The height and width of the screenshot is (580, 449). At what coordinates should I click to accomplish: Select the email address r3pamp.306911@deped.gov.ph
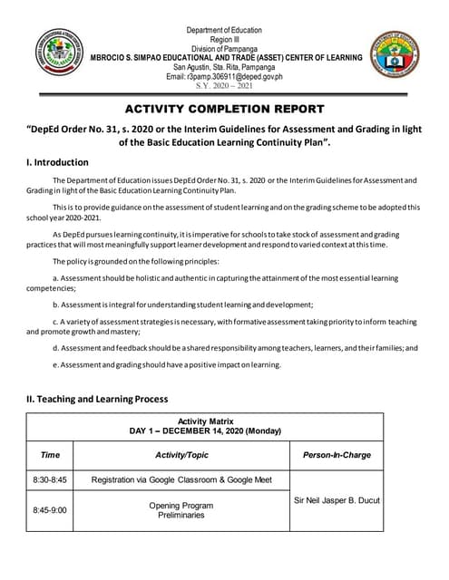pyautogui.click(x=227, y=77)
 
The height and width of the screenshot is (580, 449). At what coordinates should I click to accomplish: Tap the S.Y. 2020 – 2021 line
pyautogui.click(x=227, y=86)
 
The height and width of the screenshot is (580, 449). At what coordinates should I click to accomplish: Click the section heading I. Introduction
pyautogui.click(x=58, y=163)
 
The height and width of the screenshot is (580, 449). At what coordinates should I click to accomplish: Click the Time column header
pyautogui.click(x=51, y=455)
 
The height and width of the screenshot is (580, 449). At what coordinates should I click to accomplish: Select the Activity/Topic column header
pyautogui.click(x=181, y=455)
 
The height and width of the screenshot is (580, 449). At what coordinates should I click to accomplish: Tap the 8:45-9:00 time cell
pyautogui.click(x=51, y=510)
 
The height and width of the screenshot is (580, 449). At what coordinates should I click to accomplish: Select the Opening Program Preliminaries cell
pyautogui.click(x=181, y=510)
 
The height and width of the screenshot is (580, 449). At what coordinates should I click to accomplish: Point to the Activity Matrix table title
pyautogui.click(x=205, y=421)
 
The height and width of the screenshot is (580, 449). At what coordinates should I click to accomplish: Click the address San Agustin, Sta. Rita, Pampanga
pyautogui.click(x=227, y=67)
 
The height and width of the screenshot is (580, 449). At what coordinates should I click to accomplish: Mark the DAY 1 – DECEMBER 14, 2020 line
pyautogui.click(x=205, y=431)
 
